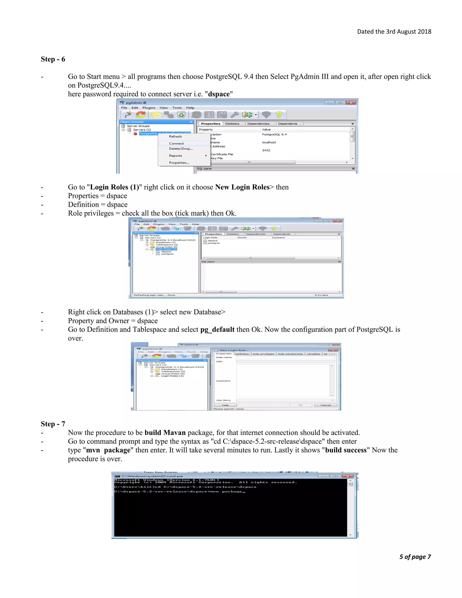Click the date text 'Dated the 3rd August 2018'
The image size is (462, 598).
pos(394,32)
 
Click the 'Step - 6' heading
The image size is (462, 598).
pos(53,59)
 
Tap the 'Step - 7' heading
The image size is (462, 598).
pos(53,424)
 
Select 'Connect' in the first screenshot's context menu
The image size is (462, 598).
pos(176,144)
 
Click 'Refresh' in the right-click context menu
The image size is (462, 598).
pos(175,136)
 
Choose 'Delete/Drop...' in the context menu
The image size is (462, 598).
pos(181,149)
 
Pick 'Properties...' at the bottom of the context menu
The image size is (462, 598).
pos(179,163)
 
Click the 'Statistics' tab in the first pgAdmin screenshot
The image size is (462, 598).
pos(232,124)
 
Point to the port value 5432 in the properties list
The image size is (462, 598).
pos(266,150)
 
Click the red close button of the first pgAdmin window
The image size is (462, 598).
pos(351,103)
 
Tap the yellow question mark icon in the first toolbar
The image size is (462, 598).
pos(279,115)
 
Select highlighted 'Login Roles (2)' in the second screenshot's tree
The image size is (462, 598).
pos(166,249)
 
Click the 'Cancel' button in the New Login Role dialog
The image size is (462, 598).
pos(326,405)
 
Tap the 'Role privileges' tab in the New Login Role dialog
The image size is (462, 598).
pos(263,354)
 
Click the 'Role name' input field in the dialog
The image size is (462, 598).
pos(285,357)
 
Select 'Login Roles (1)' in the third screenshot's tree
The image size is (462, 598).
pos(172,376)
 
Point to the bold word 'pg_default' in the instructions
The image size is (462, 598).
pos(217,329)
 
